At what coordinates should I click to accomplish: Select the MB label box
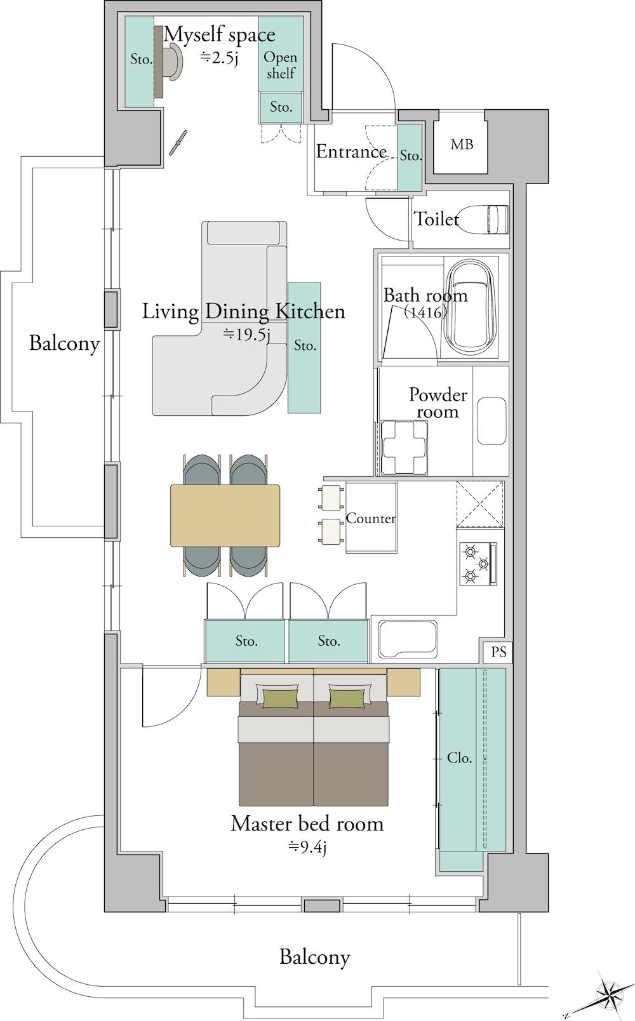461,145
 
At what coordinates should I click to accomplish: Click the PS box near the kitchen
498,651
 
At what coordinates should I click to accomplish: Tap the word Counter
371,518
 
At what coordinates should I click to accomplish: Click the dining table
225,516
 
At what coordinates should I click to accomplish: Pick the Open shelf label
280,65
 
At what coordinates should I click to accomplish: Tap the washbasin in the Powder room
491,421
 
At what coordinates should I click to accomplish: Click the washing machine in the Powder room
404,448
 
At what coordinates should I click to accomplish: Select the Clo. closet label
459,758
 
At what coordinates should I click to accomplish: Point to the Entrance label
351,151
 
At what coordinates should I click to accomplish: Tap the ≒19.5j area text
246,335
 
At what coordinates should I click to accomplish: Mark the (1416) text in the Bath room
425,312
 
